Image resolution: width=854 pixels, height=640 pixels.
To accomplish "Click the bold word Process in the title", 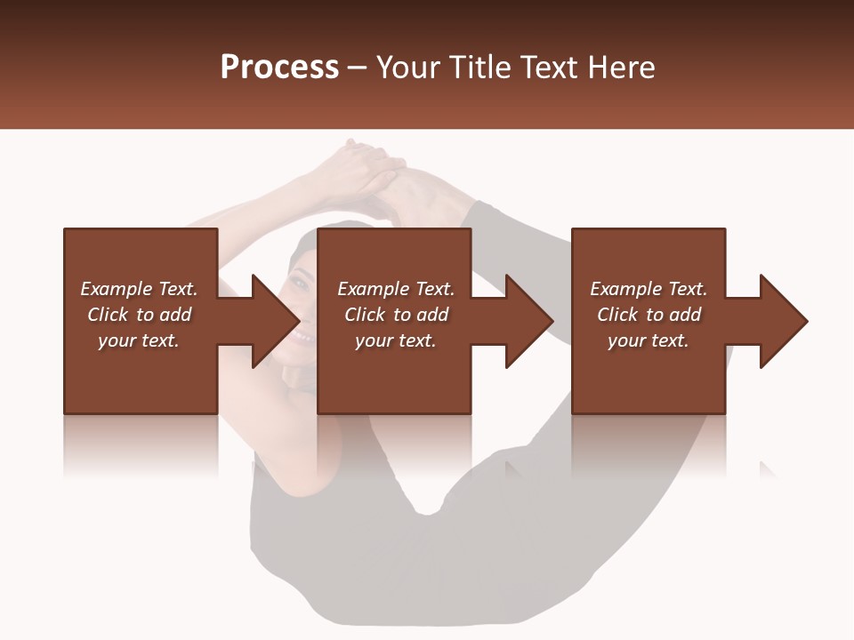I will coord(279,68).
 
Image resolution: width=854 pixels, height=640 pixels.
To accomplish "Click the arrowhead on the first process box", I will coord(276,321).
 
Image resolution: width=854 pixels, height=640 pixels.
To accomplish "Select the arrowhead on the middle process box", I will coord(529,321).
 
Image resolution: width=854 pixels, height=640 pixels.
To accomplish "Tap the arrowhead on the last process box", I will coord(784,321).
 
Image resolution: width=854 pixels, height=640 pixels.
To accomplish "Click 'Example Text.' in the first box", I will coord(139,289).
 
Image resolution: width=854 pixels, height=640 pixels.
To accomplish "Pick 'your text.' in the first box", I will coord(139,340).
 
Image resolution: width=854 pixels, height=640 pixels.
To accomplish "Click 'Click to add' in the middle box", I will coord(396,315).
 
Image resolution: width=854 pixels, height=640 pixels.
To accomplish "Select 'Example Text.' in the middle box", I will coord(396,289).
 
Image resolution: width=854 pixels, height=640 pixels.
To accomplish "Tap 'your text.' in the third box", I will coord(649,340).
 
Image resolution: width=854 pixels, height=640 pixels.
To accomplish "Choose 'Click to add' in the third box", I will coord(649,315).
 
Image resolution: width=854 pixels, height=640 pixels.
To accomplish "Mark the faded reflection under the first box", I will coord(141,444).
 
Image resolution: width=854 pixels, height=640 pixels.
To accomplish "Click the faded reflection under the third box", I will coord(649,444).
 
